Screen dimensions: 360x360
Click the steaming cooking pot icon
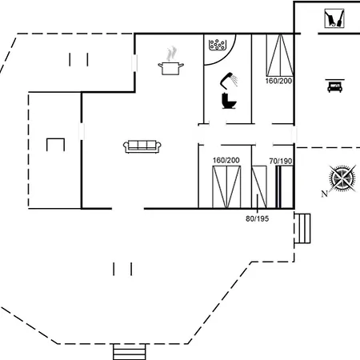tap(170, 62)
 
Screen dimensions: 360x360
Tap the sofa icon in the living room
tap(142, 146)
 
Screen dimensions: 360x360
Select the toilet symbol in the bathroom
tap(229, 101)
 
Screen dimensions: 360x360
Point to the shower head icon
tap(229, 79)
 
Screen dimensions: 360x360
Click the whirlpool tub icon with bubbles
tap(218, 45)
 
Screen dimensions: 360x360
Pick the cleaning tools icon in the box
tap(334, 18)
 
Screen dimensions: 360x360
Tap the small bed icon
tap(334, 86)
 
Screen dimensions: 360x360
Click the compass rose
tap(342, 178)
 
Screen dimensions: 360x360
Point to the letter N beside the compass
tap(325, 194)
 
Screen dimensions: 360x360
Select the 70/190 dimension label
tap(281, 162)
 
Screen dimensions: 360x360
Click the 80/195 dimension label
tap(257, 218)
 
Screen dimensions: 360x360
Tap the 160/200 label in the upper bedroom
tap(278, 81)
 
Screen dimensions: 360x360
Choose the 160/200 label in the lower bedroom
tap(226, 160)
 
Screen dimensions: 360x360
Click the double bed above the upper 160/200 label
tap(280, 55)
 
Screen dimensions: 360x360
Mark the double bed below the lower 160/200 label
tap(226, 187)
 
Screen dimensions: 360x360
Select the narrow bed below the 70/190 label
tap(285, 187)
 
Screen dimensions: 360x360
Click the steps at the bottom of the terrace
tap(130, 352)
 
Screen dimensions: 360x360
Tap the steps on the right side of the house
tap(302, 228)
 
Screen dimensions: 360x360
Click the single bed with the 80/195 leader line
tap(259, 187)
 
